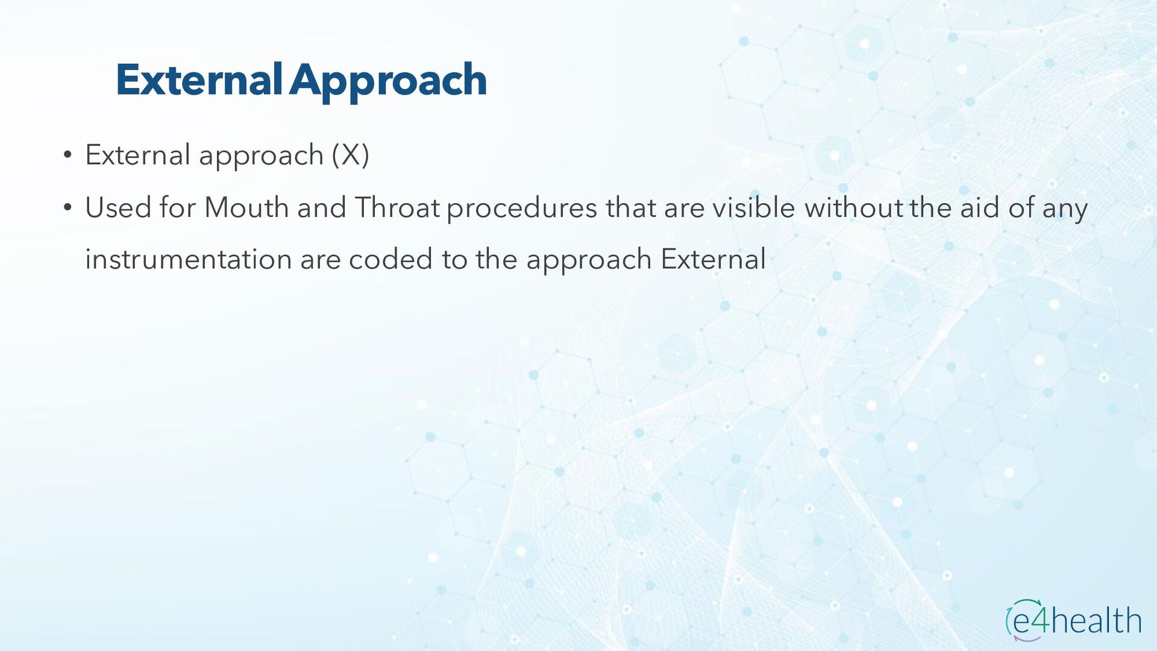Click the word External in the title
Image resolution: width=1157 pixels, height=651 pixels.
pyautogui.click(x=199, y=80)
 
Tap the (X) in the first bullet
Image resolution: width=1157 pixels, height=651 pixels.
pyautogui.click(x=350, y=156)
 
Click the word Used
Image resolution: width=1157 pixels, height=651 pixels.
pyautogui.click(x=118, y=208)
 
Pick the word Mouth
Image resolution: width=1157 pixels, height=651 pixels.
pyautogui.click(x=246, y=208)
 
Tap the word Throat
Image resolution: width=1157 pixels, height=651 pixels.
pyautogui.click(x=397, y=208)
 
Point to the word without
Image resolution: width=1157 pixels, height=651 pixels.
pyautogui.click(x=854, y=208)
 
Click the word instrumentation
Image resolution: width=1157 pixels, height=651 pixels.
pyautogui.click(x=189, y=260)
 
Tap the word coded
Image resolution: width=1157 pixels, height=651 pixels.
pyautogui.click(x=390, y=260)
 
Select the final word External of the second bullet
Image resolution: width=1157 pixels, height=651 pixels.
pyautogui.click(x=713, y=260)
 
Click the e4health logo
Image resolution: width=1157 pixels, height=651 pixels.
pyautogui.click(x=1073, y=620)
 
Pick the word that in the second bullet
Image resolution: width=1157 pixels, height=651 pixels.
pyautogui.click(x=631, y=208)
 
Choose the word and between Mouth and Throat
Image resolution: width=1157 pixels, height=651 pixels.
pyautogui.click(x=321, y=208)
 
